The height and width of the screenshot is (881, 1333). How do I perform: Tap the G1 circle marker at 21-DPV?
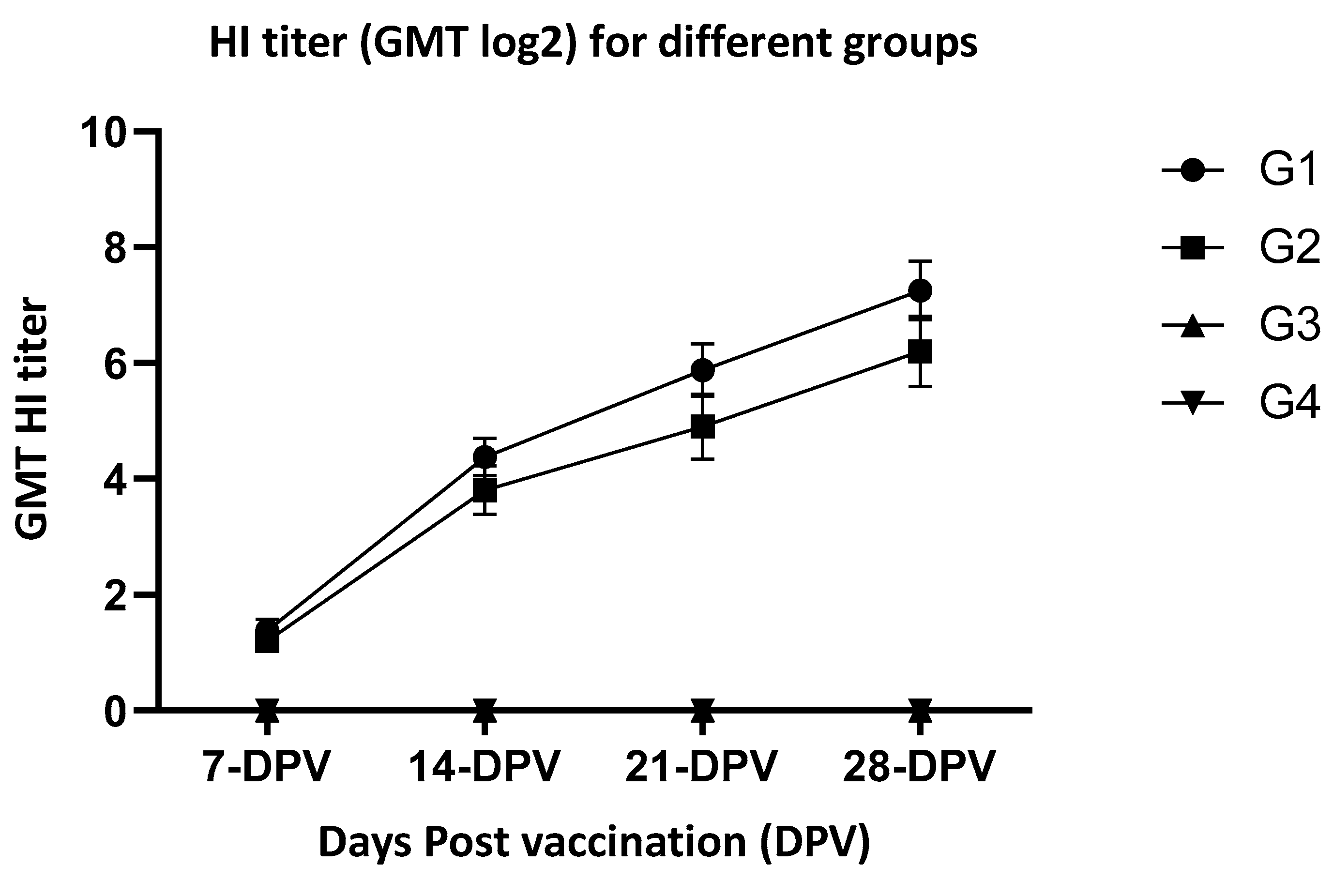pyautogui.click(x=702, y=370)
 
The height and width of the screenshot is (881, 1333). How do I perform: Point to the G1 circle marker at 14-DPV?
pyautogui.click(x=484, y=456)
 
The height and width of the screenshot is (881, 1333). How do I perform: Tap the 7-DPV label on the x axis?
pyautogui.click(x=267, y=766)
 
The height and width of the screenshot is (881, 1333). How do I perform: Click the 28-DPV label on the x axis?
pyautogui.click(x=920, y=766)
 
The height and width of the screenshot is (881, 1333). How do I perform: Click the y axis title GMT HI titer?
pyautogui.click(x=32, y=420)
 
